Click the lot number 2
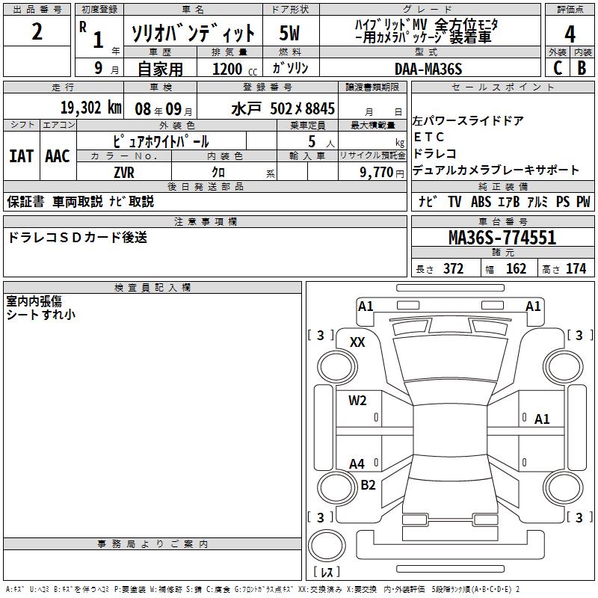click(37, 32)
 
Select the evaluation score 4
click(570, 34)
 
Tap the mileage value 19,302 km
click(90, 108)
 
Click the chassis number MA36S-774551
click(502, 238)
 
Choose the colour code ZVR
click(123, 171)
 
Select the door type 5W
click(290, 34)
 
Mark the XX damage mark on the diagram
click(357, 342)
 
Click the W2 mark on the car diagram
click(357, 400)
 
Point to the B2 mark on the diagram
click(368, 484)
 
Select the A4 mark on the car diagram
click(357, 463)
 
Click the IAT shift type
click(21, 155)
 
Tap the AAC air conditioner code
click(57, 155)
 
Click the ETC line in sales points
click(428, 137)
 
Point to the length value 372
click(453, 268)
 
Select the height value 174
click(576, 268)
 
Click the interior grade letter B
click(582, 68)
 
